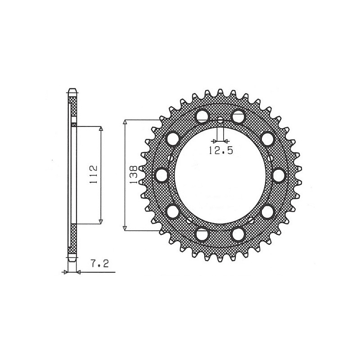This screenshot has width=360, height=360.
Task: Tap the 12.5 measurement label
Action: click(x=220, y=151)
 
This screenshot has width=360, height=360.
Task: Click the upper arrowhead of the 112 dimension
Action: click(x=101, y=129)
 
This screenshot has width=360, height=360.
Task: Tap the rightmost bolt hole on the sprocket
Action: click(x=279, y=175)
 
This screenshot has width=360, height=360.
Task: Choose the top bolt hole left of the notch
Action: click(x=202, y=117)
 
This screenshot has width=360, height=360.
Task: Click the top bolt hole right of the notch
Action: click(x=238, y=117)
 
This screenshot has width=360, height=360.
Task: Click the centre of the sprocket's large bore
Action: click(x=220, y=175)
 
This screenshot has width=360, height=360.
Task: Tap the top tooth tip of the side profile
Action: click(x=72, y=89)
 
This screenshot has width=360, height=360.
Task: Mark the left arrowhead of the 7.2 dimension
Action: click(x=66, y=272)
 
